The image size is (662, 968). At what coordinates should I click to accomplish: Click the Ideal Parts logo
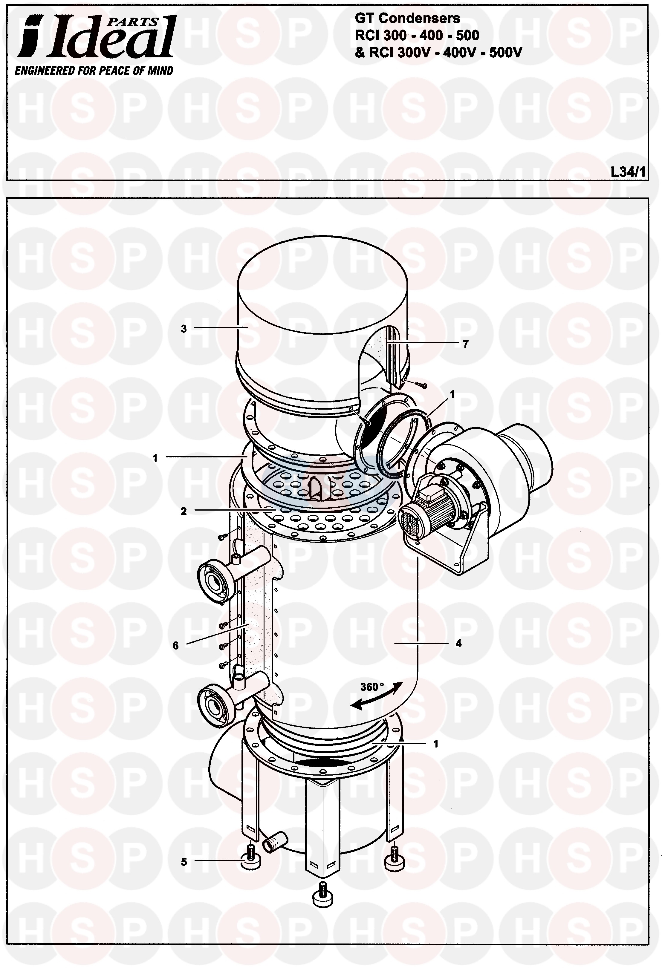click(96, 37)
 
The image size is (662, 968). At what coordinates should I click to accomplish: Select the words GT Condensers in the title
click(407, 18)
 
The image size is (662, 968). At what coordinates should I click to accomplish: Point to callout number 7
click(465, 344)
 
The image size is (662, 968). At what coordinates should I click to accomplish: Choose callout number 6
click(175, 645)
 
